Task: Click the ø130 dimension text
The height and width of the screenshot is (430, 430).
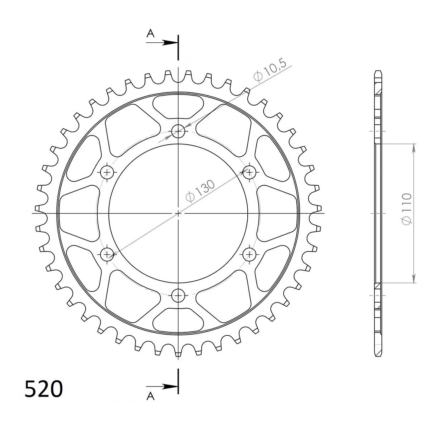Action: click(201, 192)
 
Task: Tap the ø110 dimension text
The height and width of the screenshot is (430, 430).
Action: click(407, 208)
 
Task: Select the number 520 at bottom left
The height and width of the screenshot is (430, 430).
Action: click(44, 389)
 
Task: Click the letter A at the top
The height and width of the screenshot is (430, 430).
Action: click(150, 34)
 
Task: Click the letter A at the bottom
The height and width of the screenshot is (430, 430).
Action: click(150, 397)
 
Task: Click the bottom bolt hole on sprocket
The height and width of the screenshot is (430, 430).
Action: click(178, 296)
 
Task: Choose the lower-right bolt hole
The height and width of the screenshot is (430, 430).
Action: click(249, 254)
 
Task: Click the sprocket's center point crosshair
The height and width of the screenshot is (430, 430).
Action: click(178, 213)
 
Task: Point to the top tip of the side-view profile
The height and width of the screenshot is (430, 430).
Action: click(378, 71)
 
